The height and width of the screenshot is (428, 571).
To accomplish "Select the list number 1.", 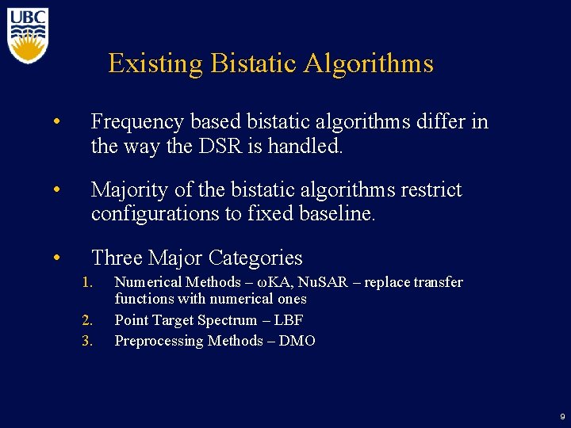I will click(88, 282).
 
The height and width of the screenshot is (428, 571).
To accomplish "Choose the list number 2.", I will click(88, 320).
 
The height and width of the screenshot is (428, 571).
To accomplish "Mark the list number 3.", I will click(88, 341).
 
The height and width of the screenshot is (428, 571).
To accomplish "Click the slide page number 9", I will click(562, 416).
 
